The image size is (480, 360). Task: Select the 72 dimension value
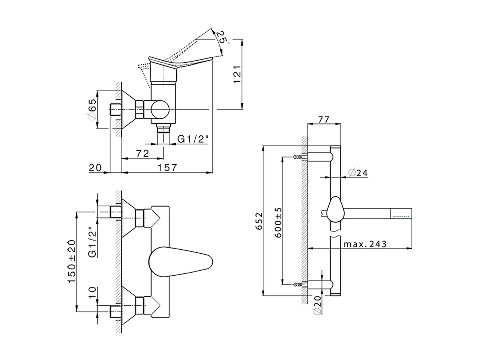pos(142,153)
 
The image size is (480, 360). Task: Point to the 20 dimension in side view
pos(95,168)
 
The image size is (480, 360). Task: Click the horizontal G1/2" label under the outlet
pos(192,139)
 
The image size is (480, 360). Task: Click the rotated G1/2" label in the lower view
pos(92,244)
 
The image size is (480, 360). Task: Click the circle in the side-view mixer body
pos(160,109)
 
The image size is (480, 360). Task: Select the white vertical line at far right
pos(412,229)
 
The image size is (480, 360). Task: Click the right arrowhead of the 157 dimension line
pos(210,172)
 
